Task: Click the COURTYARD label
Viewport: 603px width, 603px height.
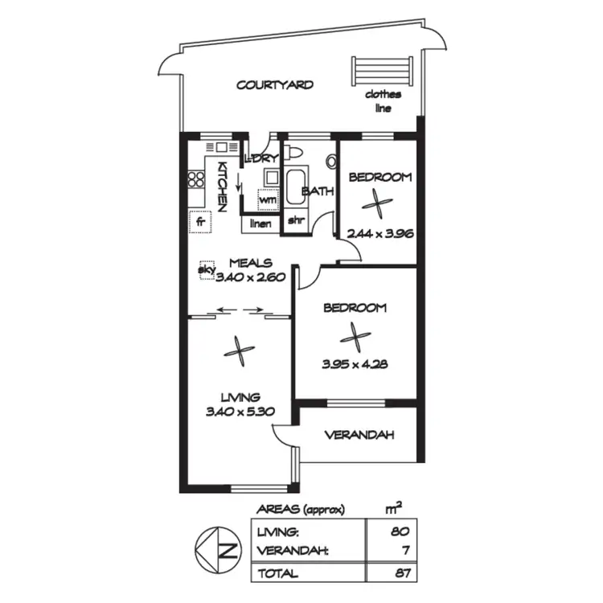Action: coord(274,84)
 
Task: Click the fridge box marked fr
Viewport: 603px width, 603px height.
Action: coord(199,219)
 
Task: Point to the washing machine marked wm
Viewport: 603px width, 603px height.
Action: coord(266,199)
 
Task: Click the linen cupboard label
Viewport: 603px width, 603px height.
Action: coord(260,223)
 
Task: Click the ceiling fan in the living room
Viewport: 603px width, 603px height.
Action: coord(240,349)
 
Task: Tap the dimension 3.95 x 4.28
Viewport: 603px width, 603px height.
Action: coord(355,363)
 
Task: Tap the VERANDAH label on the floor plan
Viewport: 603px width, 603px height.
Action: coord(359,436)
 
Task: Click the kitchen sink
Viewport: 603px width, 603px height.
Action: coord(218,147)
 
